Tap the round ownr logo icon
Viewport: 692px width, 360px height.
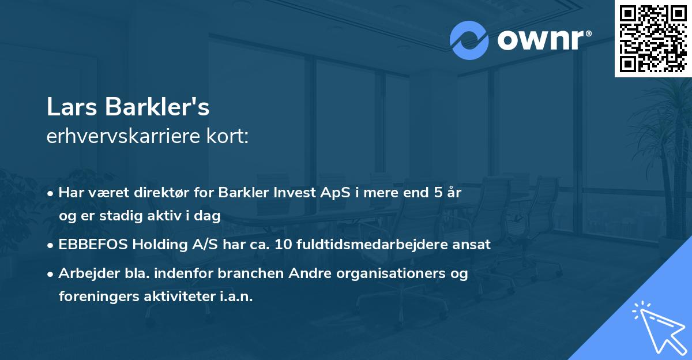tap(469, 40)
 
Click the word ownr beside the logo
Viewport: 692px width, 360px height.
tap(544, 40)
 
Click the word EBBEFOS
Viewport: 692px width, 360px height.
tap(93, 244)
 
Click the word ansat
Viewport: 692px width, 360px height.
tap(473, 244)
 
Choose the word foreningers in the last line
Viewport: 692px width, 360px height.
tap(95, 297)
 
